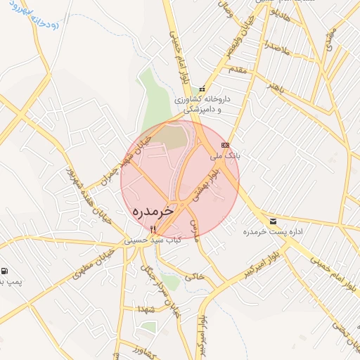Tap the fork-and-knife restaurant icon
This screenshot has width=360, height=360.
point(153,229)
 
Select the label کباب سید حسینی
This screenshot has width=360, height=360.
point(153,240)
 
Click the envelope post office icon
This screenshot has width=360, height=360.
point(273,221)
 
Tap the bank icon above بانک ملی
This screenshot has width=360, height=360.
point(225,145)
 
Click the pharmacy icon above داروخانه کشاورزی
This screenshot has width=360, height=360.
point(202,89)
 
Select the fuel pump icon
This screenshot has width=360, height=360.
point(5,271)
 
